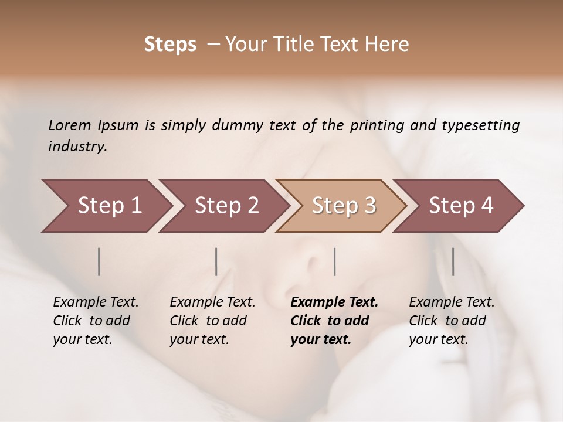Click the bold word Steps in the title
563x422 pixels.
pos(170,45)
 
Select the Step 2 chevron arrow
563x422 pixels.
pos(223,206)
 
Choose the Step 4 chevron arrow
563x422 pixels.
pos(458,206)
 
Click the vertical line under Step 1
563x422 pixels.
pos(99,261)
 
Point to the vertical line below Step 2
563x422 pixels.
pos(216,261)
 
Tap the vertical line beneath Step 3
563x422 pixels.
pos(335,261)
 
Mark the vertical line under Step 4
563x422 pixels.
pos(453,261)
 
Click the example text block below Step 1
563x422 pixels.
pos(96,321)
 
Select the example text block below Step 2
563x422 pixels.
pos(212,321)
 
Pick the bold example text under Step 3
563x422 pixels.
pos(334,321)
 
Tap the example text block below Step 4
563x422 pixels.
pos(452,321)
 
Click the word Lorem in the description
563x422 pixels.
pos(70,125)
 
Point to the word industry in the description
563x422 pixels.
pos(77,147)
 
